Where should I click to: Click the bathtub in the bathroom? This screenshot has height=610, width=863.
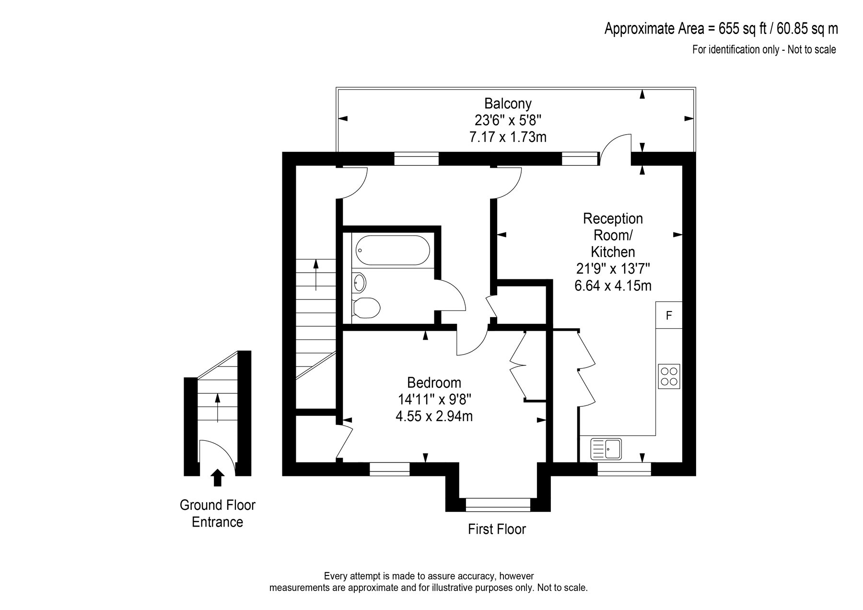coord(390,250)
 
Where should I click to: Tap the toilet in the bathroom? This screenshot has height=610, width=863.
coord(365,307)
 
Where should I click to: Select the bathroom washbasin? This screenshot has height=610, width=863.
coord(360,282)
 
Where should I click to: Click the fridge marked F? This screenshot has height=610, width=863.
coord(669,315)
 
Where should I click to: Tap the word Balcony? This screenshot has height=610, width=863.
coord(508,104)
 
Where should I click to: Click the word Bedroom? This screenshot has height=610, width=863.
coord(434,382)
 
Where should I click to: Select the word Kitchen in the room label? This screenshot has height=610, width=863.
coord(613,252)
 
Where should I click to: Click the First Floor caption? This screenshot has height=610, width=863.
coord(497,529)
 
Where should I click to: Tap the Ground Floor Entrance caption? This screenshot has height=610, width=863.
coord(218,513)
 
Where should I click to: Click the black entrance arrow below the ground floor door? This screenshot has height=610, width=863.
coord(218,478)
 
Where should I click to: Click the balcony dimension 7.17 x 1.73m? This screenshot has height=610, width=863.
coord(508,137)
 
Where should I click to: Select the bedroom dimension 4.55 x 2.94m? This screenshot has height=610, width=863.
coord(434,416)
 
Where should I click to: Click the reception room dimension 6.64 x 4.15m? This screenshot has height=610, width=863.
coord(613,286)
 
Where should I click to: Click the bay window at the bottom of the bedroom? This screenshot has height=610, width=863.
coord(498,505)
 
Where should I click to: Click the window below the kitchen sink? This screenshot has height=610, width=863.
coord(624,469)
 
